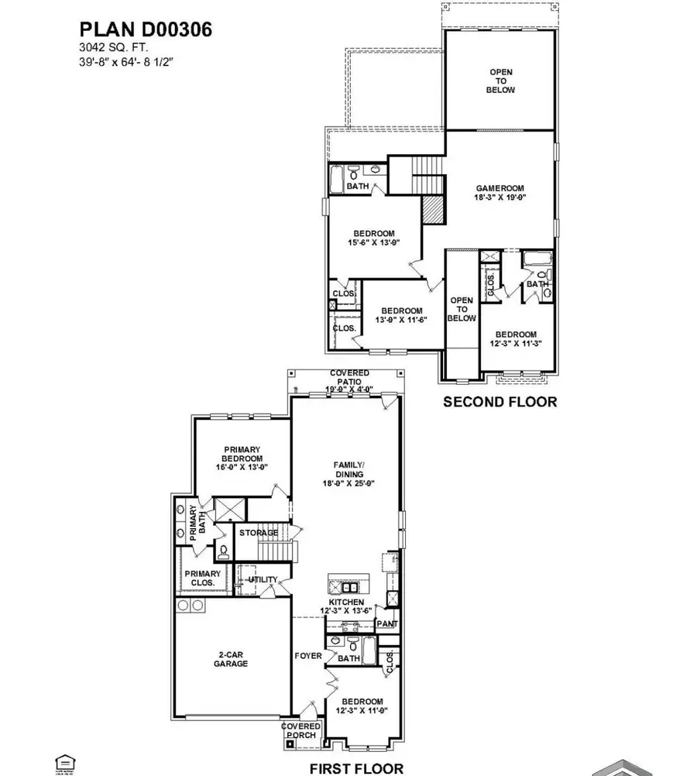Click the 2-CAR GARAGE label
coord(232,658)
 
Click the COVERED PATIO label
coord(343,373)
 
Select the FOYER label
coord(308,656)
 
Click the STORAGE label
coord(258,533)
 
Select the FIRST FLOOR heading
coord(356,768)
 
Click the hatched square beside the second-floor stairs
coord(431,208)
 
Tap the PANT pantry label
coord(385,623)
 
